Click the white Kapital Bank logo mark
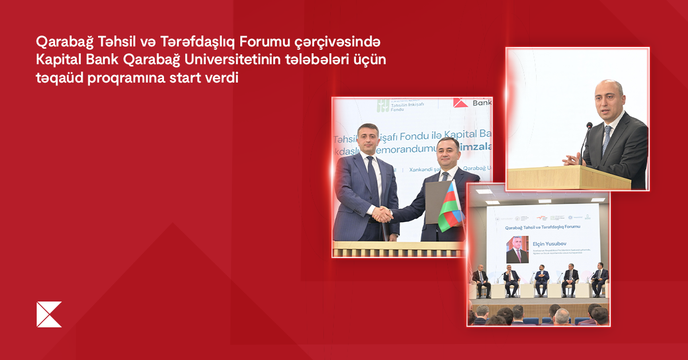coord(49,314)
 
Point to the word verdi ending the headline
coord(220,78)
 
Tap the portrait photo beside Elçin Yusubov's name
coord(517,249)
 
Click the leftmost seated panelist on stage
coord(482,280)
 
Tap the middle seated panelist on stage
coord(541,279)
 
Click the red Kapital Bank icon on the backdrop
coord(460,102)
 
